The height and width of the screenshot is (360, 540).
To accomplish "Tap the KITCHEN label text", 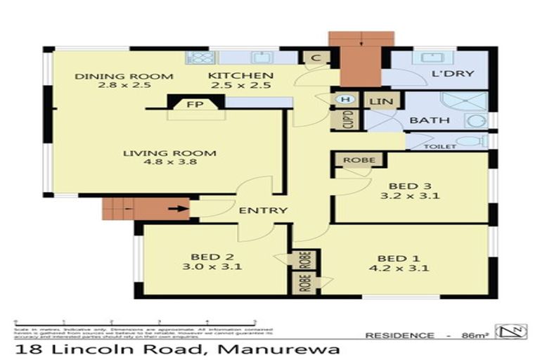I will pos(230,76).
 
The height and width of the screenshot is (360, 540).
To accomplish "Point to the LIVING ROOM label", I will pos(169,154).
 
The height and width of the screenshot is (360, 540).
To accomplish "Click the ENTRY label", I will pos(263,210).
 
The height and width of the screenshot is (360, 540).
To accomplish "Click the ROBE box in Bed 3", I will pos(359,160).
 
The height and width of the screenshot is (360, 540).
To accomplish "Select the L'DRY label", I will pos(452,74).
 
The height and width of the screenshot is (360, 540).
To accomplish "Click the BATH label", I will pos(430,120).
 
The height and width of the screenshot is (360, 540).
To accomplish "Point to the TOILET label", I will pos(441,146).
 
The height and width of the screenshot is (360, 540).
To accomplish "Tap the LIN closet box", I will pos(381,101).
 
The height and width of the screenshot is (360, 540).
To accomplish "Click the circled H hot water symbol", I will pos(345,100).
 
